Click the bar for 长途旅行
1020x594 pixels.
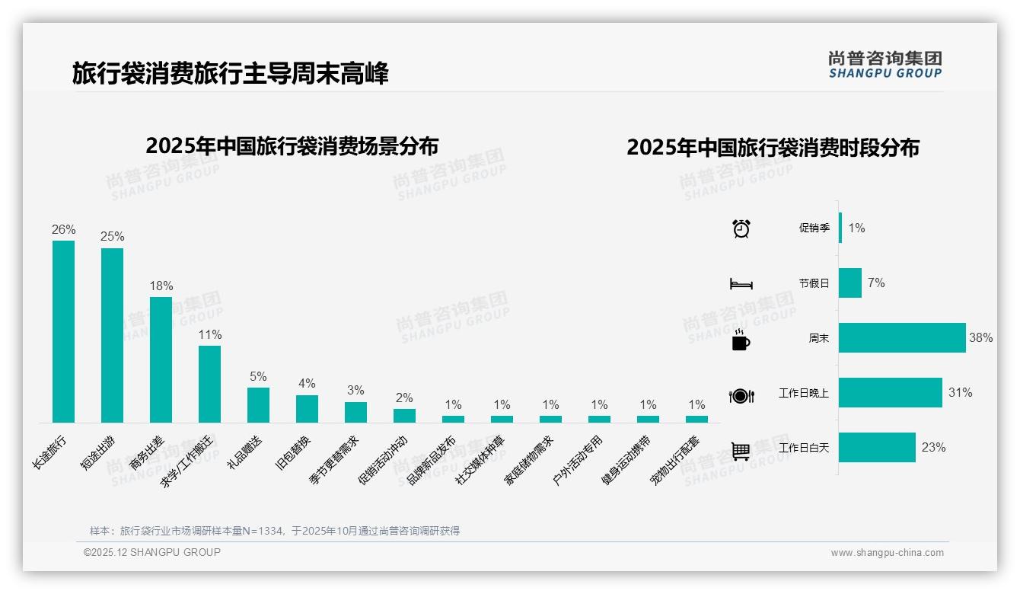[63, 331]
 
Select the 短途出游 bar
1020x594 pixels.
[112, 335]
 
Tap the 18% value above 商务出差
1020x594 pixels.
[161, 286]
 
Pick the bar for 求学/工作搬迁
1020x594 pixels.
[209, 384]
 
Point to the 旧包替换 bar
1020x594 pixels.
[307, 408]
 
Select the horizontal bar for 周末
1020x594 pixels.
[902, 338]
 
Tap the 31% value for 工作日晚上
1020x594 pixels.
[960, 393]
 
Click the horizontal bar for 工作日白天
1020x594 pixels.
[877, 448]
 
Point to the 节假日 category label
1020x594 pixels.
[814, 283]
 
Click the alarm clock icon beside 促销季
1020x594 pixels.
[741, 228]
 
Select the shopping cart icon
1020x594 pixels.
[741, 451]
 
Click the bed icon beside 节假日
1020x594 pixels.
[741, 284]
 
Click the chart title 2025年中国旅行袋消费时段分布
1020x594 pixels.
[773, 148]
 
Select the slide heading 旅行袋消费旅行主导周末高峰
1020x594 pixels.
[230, 74]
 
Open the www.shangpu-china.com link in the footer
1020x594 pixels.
[887, 553]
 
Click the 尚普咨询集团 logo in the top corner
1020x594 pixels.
[885, 64]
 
